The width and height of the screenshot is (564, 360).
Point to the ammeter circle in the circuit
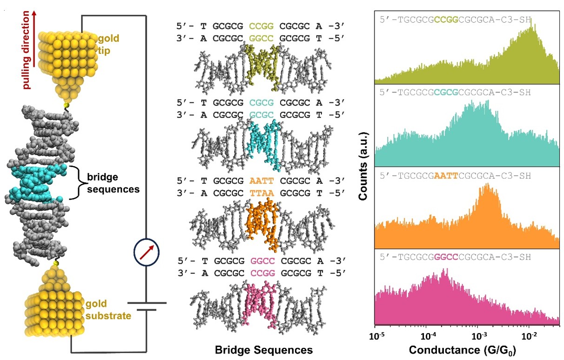click(x=147, y=252)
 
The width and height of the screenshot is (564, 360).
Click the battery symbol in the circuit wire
click(x=147, y=305)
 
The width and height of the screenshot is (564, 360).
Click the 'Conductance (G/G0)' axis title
click(x=467, y=349)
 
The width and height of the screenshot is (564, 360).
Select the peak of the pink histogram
click(x=443, y=271)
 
